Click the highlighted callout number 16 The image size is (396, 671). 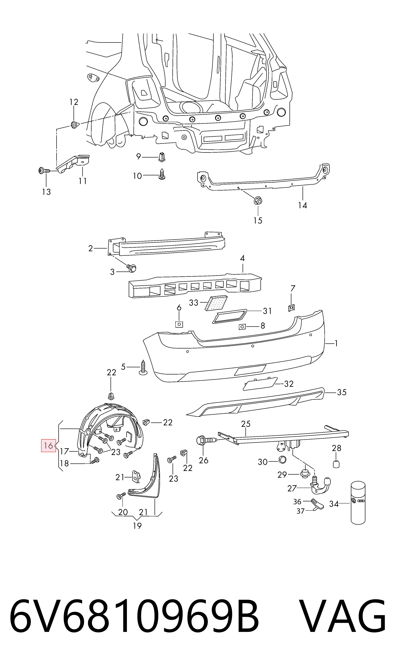click(48, 445)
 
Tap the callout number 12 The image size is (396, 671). click(74, 102)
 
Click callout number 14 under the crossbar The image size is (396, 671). click(303, 205)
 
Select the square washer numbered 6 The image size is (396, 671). click(179, 324)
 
